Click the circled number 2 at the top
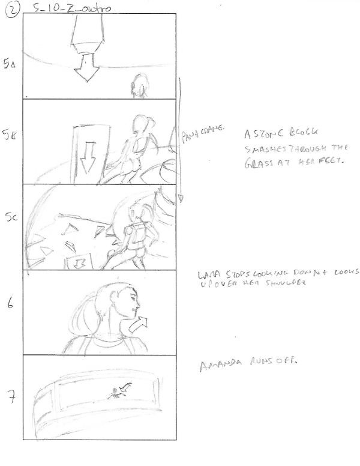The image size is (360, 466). coord(10,10)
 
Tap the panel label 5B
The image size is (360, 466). coord(10,137)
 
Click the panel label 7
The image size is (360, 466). coord(11,397)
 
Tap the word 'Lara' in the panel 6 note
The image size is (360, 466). coord(208,276)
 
